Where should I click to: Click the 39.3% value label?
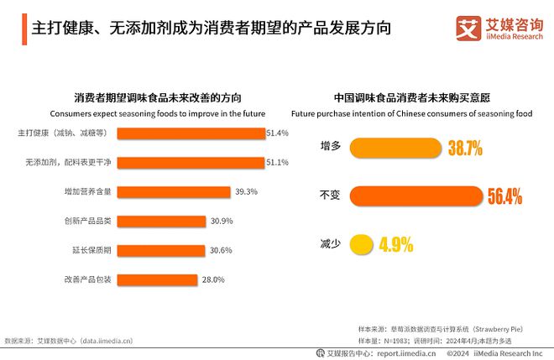[246, 191]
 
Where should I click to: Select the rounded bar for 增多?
[395, 149]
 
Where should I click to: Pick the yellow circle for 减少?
[361, 245]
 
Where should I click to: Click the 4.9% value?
[396, 245]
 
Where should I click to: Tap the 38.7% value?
[465, 149]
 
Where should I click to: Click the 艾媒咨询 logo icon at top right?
[468, 27]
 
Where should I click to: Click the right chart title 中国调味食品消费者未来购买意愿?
[411, 97]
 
